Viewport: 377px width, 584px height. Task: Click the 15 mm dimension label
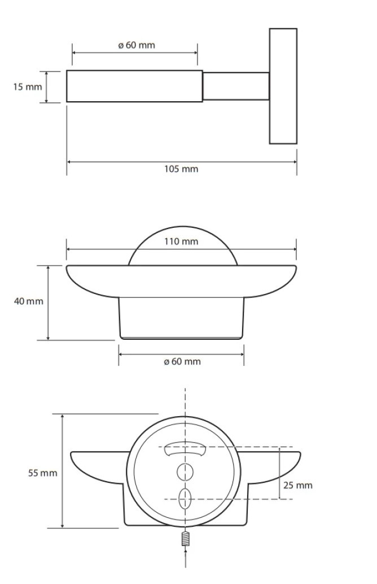pyautogui.click(x=28, y=87)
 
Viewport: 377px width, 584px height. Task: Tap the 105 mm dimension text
pyautogui.click(x=181, y=169)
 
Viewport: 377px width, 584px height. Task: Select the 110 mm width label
pyautogui.click(x=181, y=241)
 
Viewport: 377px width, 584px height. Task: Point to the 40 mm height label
pyautogui.click(x=29, y=301)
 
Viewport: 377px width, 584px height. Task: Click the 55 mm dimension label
pyautogui.click(x=43, y=473)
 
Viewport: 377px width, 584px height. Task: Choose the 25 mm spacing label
pyautogui.click(x=298, y=485)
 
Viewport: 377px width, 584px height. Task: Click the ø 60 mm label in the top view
pyautogui.click(x=137, y=45)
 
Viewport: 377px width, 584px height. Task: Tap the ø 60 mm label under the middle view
pyautogui.click(x=182, y=361)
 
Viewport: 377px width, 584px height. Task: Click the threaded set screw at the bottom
pyautogui.click(x=186, y=539)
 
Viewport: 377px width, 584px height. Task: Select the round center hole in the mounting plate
pyautogui.click(x=185, y=472)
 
